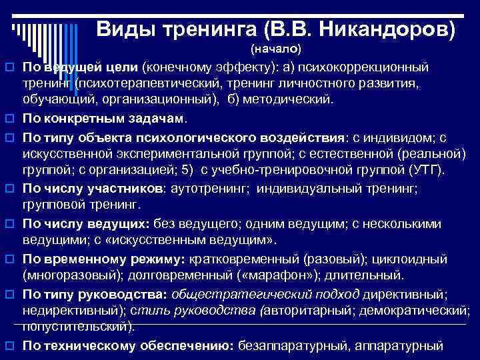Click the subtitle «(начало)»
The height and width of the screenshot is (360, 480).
[x=276, y=49]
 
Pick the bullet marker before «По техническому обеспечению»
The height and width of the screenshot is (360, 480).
[x=10, y=346]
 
